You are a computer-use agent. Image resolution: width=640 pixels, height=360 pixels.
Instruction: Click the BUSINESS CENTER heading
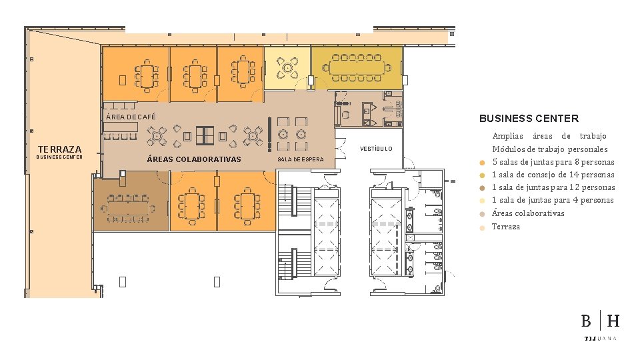pyautogui.click(x=529, y=119)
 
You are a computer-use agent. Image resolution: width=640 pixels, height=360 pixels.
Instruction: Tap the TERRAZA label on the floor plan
pyautogui.click(x=59, y=149)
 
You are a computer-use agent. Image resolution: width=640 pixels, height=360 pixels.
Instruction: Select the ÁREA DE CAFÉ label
pyautogui.click(x=131, y=117)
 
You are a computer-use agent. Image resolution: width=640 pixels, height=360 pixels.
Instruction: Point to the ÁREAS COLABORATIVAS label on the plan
pyautogui.click(x=194, y=159)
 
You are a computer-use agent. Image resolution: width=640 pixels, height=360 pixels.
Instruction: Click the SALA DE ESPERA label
pyautogui.click(x=301, y=159)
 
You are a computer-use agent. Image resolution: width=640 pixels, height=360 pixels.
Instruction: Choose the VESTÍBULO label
pyautogui.click(x=376, y=149)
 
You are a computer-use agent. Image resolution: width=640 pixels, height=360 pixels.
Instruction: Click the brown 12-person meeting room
pyautogui.click(x=131, y=201)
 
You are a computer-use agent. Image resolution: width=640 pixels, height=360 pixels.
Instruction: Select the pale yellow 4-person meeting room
pyautogui.click(x=287, y=68)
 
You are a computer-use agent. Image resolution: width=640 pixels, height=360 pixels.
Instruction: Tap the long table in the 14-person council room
pyautogui.click(x=357, y=67)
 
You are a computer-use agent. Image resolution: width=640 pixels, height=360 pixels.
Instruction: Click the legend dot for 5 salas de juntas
pyautogui.click(x=482, y=163)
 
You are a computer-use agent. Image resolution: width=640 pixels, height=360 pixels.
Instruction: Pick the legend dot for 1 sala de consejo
pyautogui.click(x=482, y=175)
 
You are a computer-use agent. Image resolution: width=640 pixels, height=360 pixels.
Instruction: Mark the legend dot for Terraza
pyautogui.click(x=482, y=228)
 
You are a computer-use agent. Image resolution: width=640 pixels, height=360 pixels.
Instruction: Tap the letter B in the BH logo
pyautogui.click(x=586, y=321)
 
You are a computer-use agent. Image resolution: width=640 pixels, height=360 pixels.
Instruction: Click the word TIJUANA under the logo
pyautogui.click(x=601, y=339)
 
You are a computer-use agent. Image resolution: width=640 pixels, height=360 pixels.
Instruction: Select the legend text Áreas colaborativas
pyautogui.click(x=528, y=213)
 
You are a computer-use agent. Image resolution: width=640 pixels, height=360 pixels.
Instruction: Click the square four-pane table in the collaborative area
pyautogui.click(x=205, y=136)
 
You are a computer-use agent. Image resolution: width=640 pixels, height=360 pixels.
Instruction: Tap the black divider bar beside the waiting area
pyautogui.click(x=269, y=135)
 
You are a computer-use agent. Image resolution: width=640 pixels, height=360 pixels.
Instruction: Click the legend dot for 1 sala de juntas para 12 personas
pyautogui.click(x=482, y=188)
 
